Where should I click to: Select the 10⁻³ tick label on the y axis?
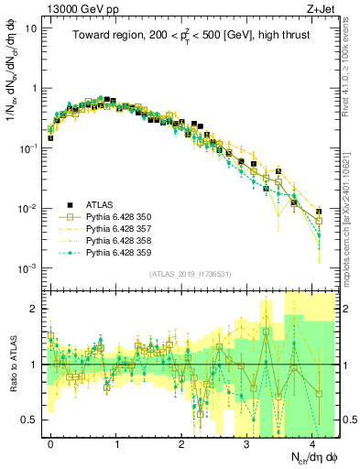tap(28, 268)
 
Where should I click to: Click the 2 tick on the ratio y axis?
tap(34, 309)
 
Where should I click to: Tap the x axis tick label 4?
tap(312, 442)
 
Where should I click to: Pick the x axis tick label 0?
tap(51, 442)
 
